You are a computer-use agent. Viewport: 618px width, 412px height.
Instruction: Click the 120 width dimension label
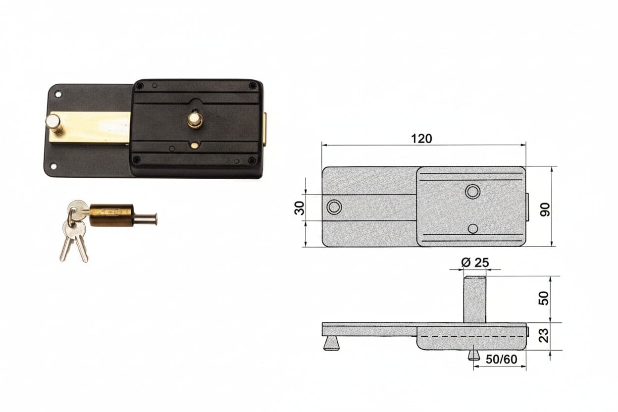pos(421,139)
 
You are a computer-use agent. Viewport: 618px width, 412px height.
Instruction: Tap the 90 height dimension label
pos(545,209)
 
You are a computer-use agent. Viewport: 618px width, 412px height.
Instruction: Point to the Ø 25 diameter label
pos(475,262)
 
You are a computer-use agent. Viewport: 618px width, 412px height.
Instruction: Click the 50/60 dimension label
pos(501,360)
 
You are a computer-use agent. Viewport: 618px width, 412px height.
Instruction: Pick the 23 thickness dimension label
pos(544,335)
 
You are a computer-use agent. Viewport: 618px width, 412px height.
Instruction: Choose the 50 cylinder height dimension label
pos(544,298)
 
